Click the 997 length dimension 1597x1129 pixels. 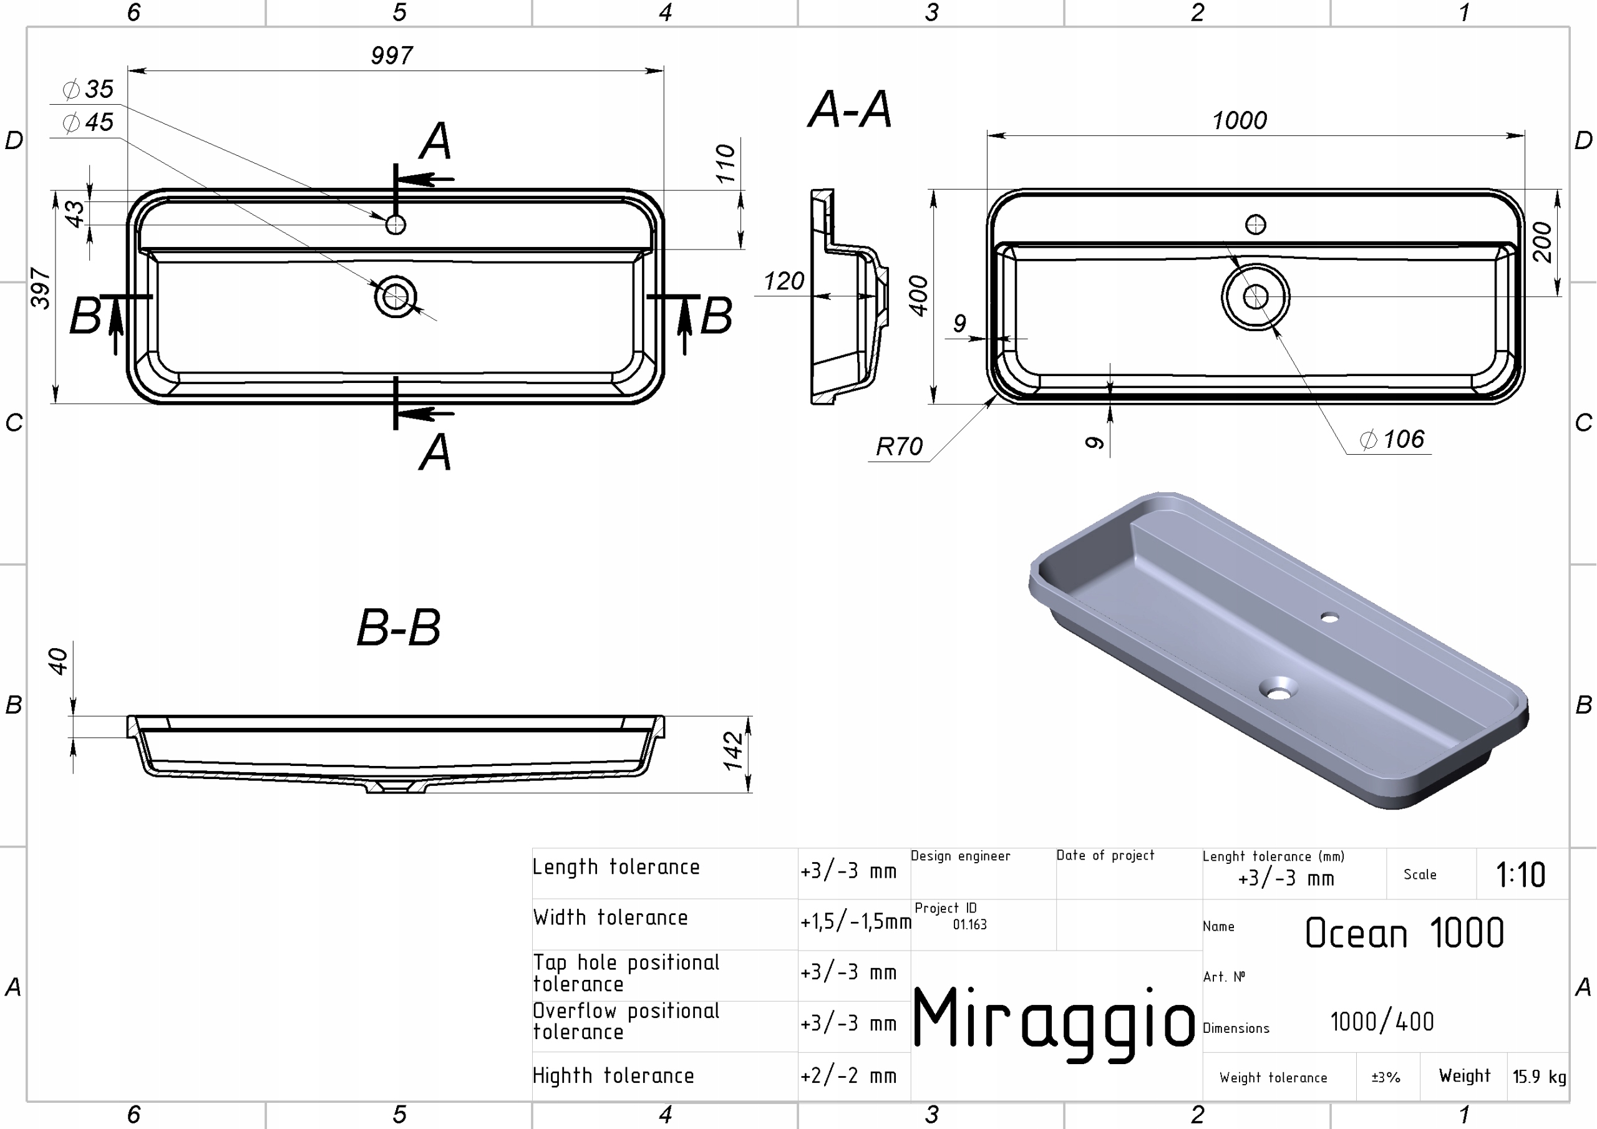tap(392, 55)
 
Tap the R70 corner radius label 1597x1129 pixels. tap(899, 446)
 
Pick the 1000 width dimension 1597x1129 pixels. tap(1240, 120)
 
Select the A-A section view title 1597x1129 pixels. tap(850, 109)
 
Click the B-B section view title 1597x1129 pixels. tap(399, 627)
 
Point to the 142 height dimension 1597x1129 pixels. tap(733, 750)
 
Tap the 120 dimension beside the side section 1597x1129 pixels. tap(784, 281)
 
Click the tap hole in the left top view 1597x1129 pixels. tap(396, 225)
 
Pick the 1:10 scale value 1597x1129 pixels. tap(1520, 875)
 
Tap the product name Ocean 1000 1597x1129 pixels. tap(1404, 933)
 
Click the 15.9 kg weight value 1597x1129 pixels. tap(1539, 1076)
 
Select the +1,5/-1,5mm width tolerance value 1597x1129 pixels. tap(855, 922)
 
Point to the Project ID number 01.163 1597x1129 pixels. tap(969, 924)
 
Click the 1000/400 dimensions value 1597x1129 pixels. tap(1382, 1022)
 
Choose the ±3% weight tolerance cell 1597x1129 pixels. tap(1386, 1077)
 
